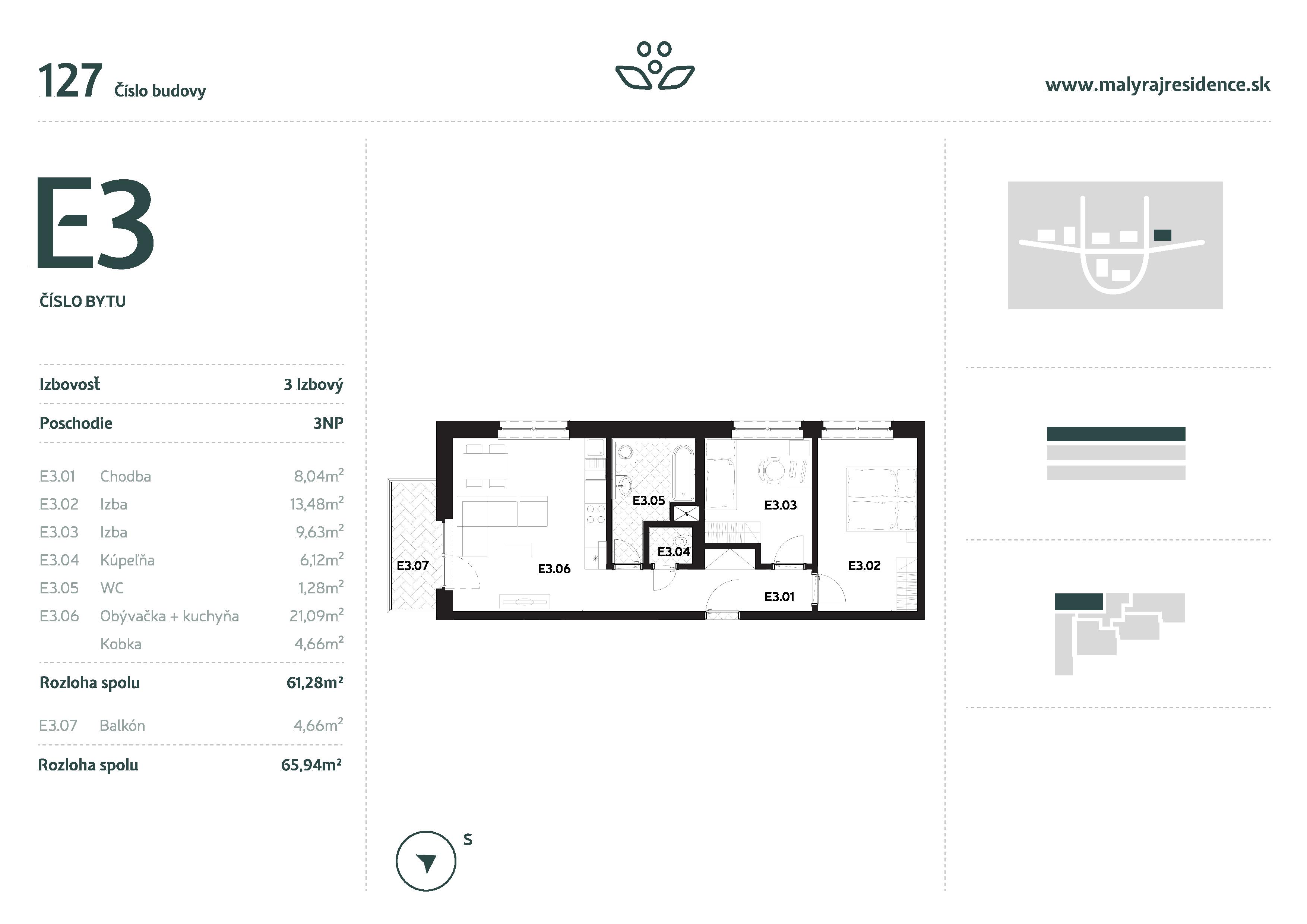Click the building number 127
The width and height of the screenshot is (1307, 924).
click(x=70, y=81)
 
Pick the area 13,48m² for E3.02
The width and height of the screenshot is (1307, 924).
click(x=316, y=504)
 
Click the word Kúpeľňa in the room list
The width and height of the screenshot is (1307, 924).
click(x=127, y=560)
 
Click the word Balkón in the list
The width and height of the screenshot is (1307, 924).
click(x=122, y=726)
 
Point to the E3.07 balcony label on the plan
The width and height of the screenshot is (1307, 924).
click(x=412, y=566)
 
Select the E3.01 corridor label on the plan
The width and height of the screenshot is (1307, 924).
click(x=779, y=597)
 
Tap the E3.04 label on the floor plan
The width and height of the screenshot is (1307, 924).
click(x=673, y=552)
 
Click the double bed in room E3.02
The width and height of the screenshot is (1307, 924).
click(x=881, y=499)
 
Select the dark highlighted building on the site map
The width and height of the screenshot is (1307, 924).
click(x=1162, y=234)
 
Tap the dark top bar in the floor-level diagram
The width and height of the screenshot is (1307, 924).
click(x=1116, y=434)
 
